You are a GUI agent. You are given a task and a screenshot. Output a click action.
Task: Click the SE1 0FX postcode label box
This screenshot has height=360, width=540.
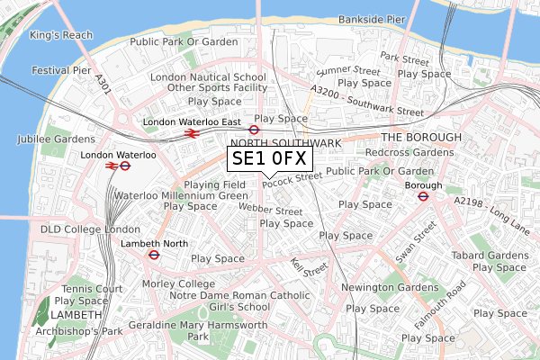[x=269, y=159]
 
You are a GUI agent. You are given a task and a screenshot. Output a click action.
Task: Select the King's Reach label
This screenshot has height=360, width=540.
[x=61, y=35]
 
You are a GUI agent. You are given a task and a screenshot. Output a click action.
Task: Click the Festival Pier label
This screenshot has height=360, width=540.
[x=62, y=70]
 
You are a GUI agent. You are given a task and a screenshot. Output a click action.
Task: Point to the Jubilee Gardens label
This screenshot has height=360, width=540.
[x=55, y=139]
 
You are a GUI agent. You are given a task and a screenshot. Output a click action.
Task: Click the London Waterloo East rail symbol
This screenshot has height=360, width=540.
[x=191, y=133]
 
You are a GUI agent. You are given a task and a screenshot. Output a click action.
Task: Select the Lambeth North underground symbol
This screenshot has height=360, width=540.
[x=154, y=254]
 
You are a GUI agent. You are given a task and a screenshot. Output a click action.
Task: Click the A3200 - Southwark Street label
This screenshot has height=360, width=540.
[x=365, y=102]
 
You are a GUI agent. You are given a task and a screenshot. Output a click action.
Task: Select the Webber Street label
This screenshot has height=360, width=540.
[x=271, y=210]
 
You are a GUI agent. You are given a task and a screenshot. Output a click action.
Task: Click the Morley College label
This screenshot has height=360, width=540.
[x=180, y=284]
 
